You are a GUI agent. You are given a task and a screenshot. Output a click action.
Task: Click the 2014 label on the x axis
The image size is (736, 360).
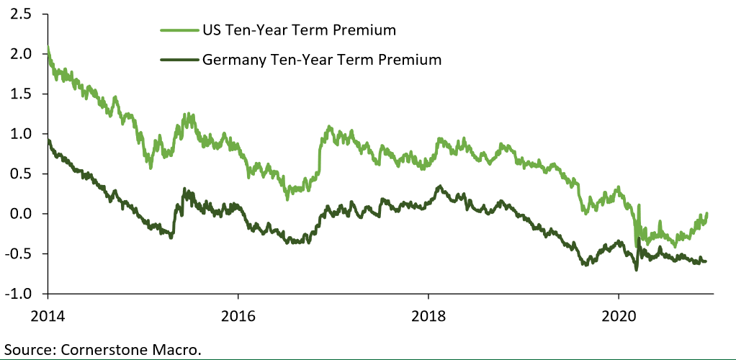point(48,315)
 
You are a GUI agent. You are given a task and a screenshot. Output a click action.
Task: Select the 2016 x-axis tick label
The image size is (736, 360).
point(238,315)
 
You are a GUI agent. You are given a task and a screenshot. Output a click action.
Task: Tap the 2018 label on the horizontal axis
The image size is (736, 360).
point(428,315)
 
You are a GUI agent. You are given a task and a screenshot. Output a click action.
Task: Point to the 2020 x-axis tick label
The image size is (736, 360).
point(618,315)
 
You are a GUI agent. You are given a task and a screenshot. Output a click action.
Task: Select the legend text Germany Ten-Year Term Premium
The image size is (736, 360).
point(321,60)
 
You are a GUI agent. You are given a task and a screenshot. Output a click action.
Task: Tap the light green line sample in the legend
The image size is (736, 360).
point(179,30)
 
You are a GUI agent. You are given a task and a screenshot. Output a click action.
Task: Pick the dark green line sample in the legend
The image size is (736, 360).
point(179,60)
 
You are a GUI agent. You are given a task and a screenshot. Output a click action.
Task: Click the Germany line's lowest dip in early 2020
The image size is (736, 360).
point(636,269)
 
